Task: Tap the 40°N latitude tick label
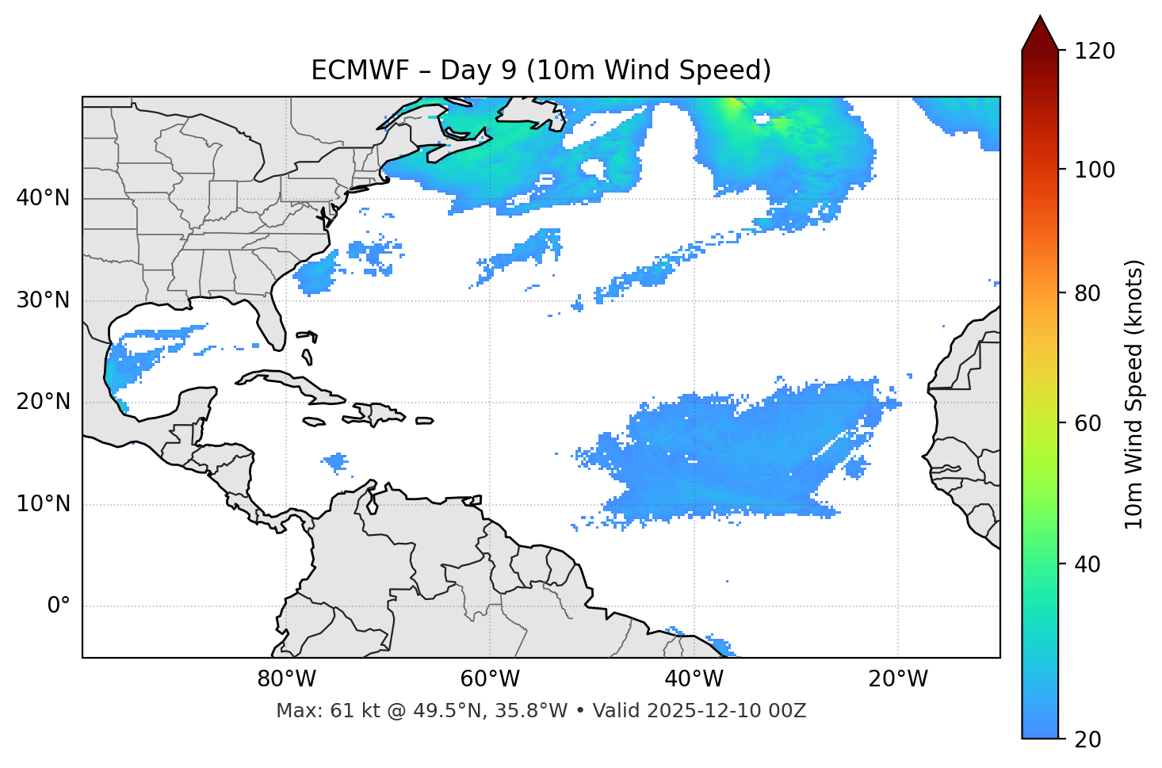pos(43,198)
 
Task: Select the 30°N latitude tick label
pos(43,300)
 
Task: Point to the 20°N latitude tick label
pos(43,402)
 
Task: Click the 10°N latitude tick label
pos(43,504)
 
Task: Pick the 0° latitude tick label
pos(59,606)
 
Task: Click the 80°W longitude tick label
pos(286,679)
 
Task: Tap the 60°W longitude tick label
pos(490,679)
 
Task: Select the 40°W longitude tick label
pos(694,679)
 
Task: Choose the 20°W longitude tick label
pos(897,679)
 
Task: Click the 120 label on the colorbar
pos(1095,52)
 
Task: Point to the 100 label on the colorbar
pos(1095,170)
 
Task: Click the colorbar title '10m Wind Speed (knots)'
pos(1134,394)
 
